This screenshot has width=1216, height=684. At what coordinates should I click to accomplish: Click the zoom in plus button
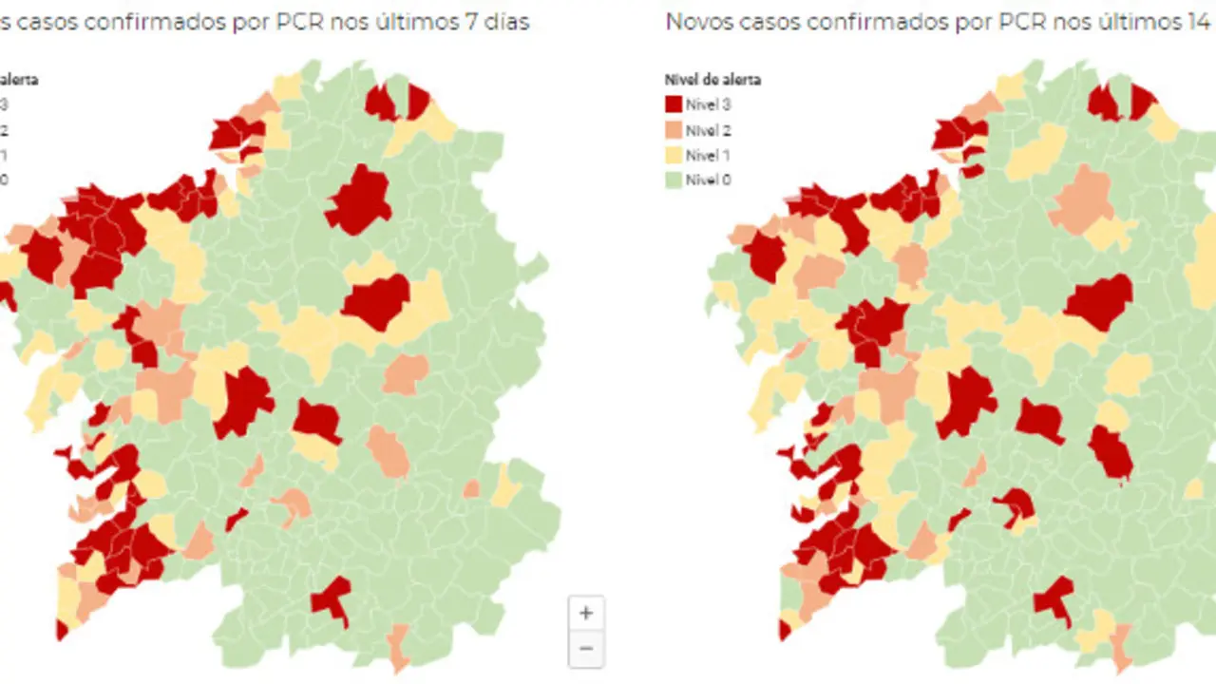coord(585,613)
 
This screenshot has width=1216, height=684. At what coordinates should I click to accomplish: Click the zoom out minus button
coord(585,649)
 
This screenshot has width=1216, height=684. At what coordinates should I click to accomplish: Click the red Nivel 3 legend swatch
coord(674,104)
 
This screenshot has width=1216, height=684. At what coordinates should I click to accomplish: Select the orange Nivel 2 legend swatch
coord(674,130)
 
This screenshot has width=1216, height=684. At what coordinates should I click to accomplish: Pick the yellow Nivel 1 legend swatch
coord(674,155)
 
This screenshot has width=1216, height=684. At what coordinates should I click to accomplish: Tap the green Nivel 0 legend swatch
coord(674,180)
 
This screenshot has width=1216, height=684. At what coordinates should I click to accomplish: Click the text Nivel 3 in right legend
coord(708,104)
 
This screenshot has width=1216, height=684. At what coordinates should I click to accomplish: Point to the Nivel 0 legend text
coord(708,180)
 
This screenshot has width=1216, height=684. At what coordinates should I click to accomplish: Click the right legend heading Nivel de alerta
coord(712,80)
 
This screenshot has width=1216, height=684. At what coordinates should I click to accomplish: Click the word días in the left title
coord(506,22)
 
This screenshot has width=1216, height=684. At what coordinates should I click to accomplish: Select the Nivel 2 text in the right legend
coord(708,130)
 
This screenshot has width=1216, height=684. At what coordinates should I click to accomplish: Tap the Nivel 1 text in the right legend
coord(708,155)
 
